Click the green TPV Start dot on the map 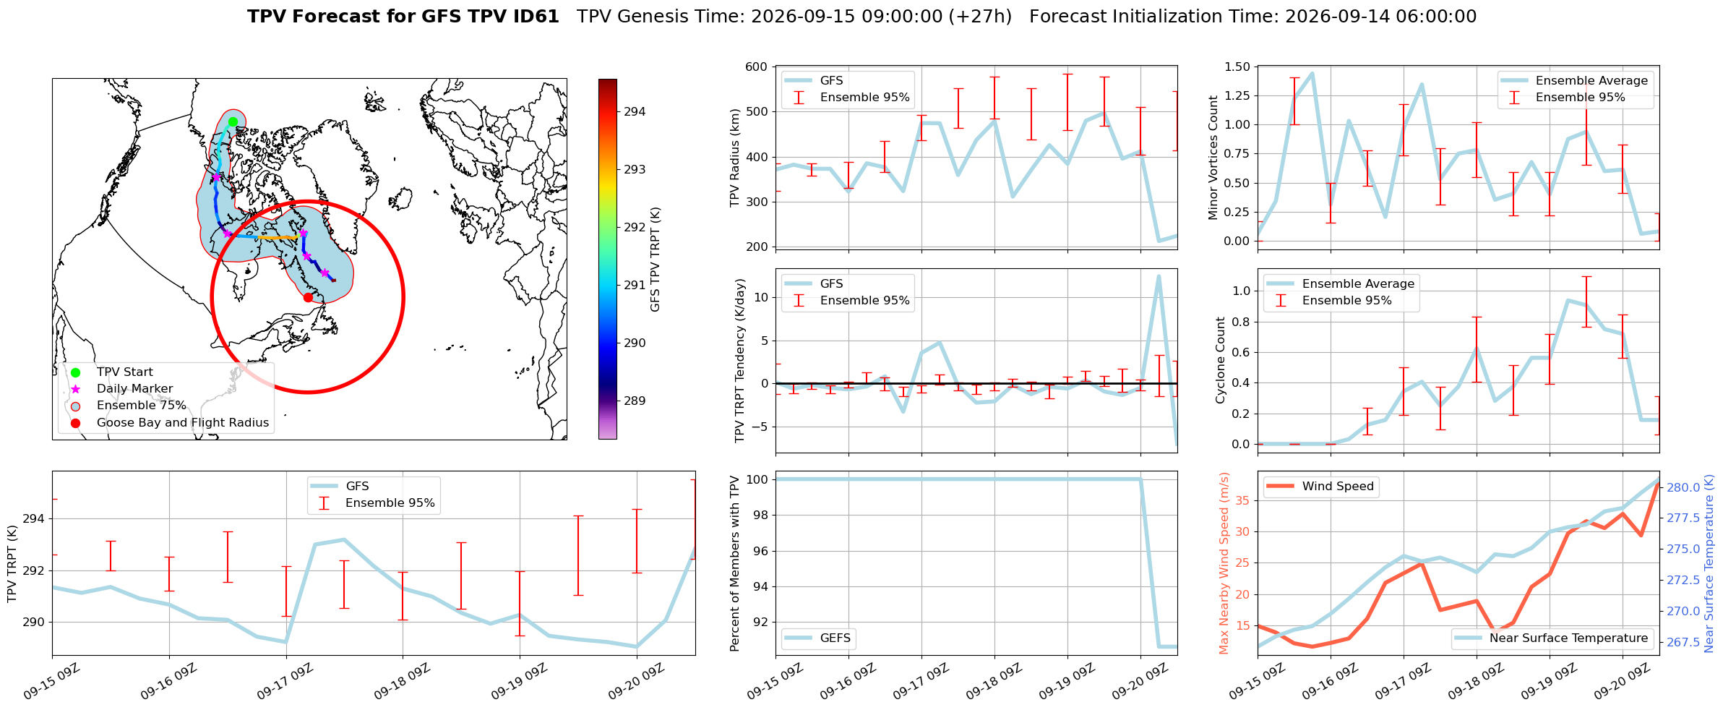233,122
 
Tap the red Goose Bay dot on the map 308,297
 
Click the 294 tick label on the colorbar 635,111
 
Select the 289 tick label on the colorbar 635,401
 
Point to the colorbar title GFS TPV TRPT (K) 656,260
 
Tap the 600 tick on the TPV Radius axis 757,67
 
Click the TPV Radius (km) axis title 735,158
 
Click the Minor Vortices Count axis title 1213,158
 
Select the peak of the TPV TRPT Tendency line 1159,276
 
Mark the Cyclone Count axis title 1221,360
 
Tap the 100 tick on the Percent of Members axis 757,479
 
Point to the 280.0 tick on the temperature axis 1683,487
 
